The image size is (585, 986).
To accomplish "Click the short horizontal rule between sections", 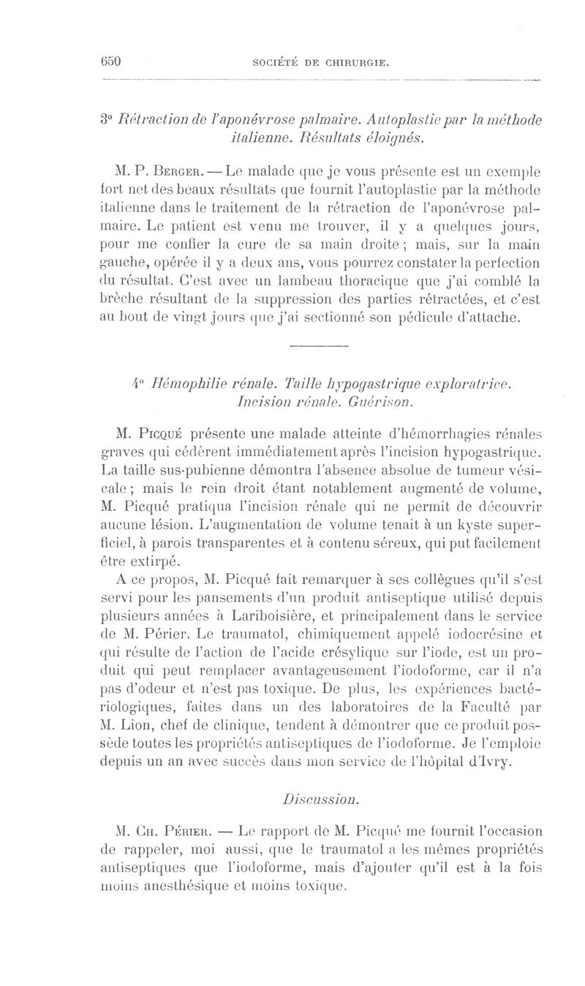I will [x=320, y=323].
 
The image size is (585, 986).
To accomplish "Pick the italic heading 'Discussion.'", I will [x=320, y=792].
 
